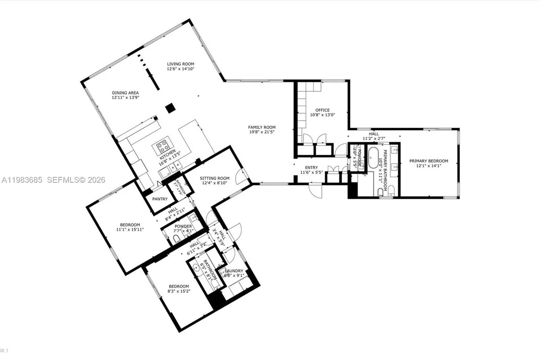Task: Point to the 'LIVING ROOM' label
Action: [180, 64]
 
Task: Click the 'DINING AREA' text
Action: [125, 93]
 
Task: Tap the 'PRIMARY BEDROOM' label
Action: [428, 161]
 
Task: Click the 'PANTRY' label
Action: [160, 199]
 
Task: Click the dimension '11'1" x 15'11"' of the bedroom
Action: [130, 230]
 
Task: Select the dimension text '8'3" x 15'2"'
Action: [179, 291]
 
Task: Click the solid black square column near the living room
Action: [170, 108]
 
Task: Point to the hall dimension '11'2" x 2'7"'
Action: [373, 139]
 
